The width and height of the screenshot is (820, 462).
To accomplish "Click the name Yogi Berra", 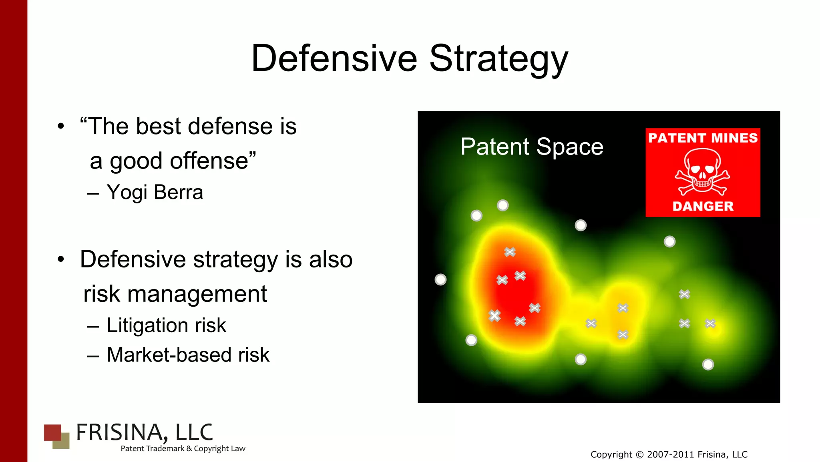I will [155, 192].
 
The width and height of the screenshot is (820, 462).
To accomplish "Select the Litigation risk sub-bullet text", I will [166, 325].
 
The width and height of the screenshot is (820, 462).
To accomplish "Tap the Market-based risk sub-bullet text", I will [188, 355].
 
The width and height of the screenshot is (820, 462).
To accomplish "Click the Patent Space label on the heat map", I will [531, 147].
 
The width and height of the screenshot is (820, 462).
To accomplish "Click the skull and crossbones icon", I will [702, 172].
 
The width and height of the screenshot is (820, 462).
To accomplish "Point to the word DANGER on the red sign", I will [703, 206].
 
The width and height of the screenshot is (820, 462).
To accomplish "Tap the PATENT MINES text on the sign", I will [703, 138].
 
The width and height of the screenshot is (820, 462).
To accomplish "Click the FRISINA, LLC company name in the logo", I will [144, 432].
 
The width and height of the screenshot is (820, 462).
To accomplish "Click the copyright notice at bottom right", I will [669, 454].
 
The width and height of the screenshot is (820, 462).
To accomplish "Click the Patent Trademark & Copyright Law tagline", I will [183, 448].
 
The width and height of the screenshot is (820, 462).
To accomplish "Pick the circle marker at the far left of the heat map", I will [440, 279].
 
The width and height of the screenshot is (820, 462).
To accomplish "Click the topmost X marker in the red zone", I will [510, 252].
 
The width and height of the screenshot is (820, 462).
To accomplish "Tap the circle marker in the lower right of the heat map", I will [708, 364].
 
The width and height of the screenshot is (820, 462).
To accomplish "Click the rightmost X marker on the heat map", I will [710, 323].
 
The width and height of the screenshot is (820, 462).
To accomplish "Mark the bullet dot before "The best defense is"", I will [60, 127].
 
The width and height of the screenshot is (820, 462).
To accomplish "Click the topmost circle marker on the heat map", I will [502, 205].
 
